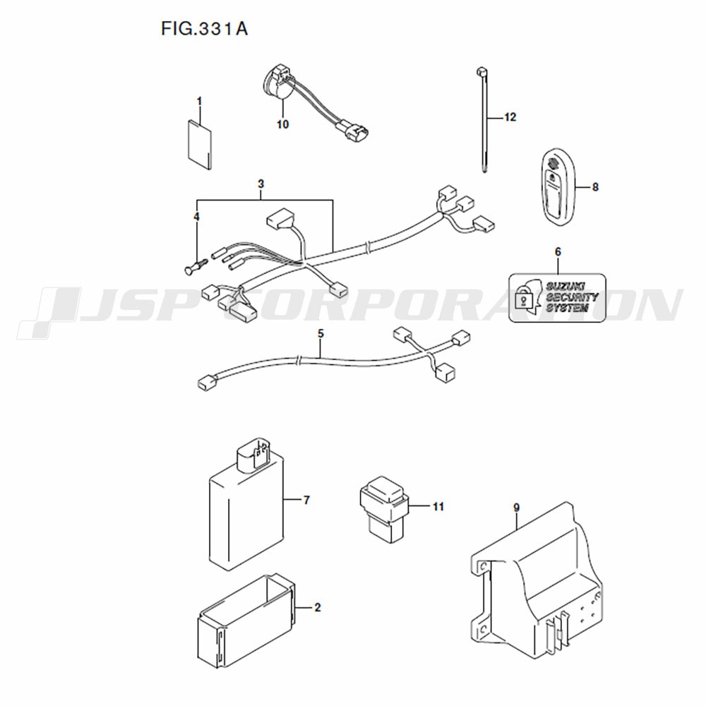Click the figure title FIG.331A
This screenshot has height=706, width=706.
(x=205, y=29)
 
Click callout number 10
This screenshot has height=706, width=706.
(x=283, y=124)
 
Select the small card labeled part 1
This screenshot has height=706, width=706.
(x=199, y=145)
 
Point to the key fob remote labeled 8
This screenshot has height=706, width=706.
(x=558, y=190)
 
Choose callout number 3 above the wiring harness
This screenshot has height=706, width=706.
(x=261, y=184)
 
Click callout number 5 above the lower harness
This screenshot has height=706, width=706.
(x=320, y=334)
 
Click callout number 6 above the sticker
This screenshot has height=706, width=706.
(x=558, y=252)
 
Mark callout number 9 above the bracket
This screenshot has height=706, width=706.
(x=516, y=508)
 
